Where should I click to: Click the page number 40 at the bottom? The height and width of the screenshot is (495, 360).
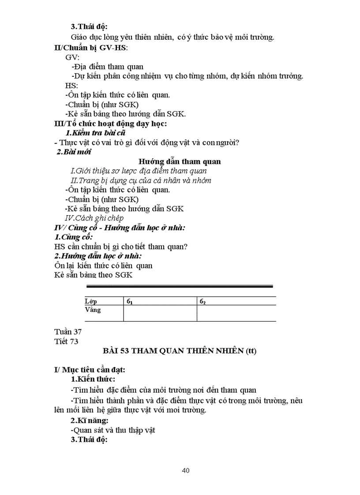[186, 471]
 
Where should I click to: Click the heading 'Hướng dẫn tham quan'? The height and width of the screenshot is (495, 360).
[180, 162]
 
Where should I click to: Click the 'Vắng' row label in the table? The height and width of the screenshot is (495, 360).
[93, 310]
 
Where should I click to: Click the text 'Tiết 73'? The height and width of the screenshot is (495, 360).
[66, 341]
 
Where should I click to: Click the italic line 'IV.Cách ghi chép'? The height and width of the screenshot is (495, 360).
[94, 218]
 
